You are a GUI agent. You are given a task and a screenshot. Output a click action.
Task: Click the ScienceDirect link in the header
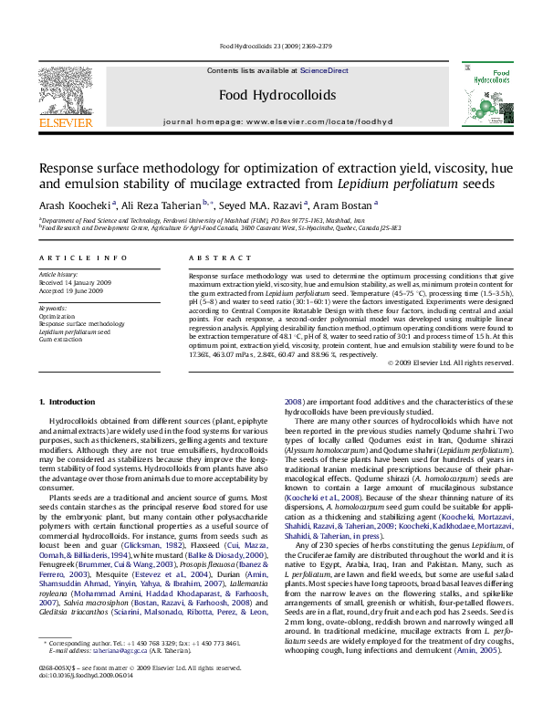(x=325, y=70)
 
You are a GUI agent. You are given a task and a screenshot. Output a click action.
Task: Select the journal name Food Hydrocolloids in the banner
(x=271, y=94)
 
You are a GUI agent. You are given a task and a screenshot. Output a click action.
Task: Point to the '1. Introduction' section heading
(x=69, y=403)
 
